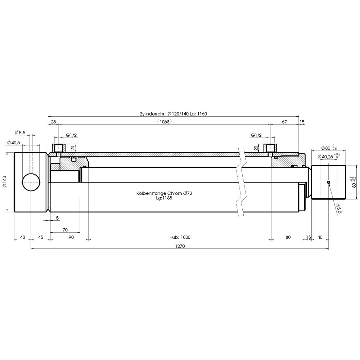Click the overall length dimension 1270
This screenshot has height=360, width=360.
pyautogui.click(x=180, y=246)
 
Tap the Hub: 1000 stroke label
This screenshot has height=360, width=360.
pyautogui.click(x=180, y=237)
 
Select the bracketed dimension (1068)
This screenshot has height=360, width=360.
pyautogui.click(x=165, y=122)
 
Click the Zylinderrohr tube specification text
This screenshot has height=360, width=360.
pyautogui.click(x=174, y=114)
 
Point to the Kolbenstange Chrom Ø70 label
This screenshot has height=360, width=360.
pyautogui.click(x=164, y=193)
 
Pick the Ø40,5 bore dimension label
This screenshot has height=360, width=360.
pyautogui.click(x=14, y=143)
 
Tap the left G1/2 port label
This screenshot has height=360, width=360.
pyautogui.click(x=71, y=135)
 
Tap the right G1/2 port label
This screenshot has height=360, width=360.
pyautogui.click(x=256, y=135)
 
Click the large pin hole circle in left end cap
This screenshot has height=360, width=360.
pyautogui.click(x=31, y=182)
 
